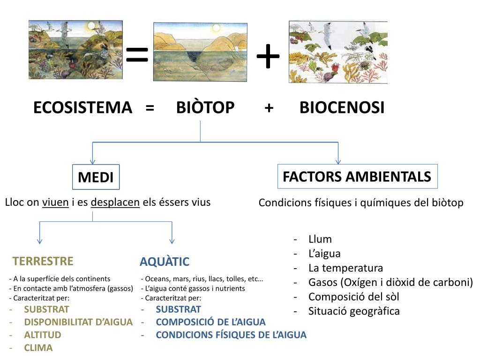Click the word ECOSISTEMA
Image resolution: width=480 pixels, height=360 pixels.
coord(82,108)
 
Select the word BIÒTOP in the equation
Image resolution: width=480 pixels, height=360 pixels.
coord(205,108)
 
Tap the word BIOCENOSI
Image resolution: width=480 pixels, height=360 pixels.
coord(342,108)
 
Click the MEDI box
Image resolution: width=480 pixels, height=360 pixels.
coord(96,177)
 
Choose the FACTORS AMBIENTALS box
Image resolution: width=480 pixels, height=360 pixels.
coord(357,177)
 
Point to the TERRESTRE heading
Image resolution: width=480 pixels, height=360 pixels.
coord(43,261)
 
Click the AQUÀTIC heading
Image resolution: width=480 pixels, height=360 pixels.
coord(165,262)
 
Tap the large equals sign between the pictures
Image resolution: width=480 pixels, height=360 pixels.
coord(137,55)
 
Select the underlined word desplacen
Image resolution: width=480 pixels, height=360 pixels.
coord(115,202)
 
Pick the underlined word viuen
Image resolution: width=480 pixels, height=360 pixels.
coord(55,202)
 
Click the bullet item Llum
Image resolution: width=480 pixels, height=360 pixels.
coord(320,239)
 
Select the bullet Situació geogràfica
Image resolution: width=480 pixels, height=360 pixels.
coord(354,311)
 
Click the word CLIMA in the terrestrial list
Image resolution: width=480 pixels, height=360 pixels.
coord(38,348)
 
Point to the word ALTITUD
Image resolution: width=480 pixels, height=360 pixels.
coord(43,335)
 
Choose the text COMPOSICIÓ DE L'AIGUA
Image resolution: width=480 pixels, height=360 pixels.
coord(210,322)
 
